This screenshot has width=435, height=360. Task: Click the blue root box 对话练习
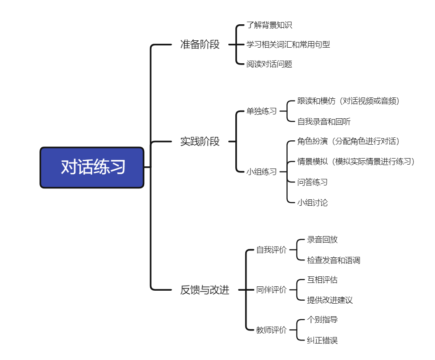click(92, 167)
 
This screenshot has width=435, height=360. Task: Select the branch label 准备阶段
click(200, 45)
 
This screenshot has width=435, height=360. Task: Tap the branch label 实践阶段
click(200, 141)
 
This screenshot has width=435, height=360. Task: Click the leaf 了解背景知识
click(269, 25)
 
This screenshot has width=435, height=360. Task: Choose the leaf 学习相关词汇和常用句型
click(288, 44)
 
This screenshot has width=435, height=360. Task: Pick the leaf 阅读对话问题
click(269, 64)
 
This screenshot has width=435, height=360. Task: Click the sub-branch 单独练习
click(261, 111)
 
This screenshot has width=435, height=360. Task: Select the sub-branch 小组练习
click(261, 172)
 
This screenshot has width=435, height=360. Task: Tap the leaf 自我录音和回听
click(324, 122)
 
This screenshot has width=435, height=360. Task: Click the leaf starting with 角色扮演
click(348, 141)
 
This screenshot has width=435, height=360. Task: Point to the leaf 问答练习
click(312, 182)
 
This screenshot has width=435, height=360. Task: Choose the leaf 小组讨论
click(312, 202)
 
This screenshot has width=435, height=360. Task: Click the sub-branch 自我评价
click(271, 250)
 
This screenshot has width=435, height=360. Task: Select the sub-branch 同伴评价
click(271, 290)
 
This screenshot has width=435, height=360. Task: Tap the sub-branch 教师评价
click(271, 330)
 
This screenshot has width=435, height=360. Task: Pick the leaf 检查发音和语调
click(334, 260)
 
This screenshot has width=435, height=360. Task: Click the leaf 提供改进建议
click(330, 300)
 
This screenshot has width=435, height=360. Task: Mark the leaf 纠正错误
click(322, 341)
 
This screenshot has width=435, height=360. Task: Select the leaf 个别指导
click(322, 320)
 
